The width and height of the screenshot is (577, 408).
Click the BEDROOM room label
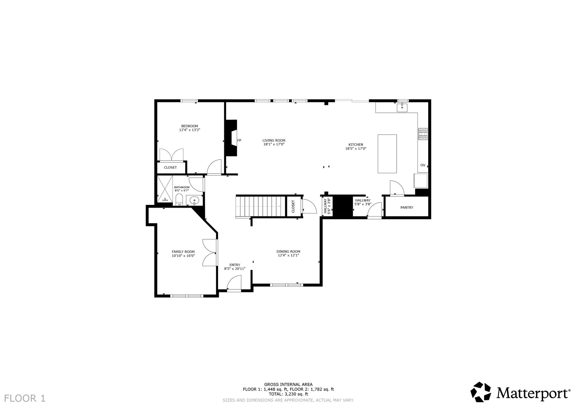coord(190,126)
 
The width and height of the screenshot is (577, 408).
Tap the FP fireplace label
coord(239,141)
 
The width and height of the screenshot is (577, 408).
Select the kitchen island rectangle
coord(387,154)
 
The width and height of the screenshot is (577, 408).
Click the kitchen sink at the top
coord(402,108)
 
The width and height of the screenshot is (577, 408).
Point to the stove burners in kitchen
coord(423,134)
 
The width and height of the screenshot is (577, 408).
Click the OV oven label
coord(423,165)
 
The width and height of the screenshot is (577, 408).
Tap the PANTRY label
coord(407,208)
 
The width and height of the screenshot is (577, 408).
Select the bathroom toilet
coord(179,200)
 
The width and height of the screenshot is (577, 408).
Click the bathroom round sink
coord(194,200)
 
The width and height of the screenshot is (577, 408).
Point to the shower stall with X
coord(165,189)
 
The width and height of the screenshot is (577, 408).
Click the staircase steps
coord(261,206)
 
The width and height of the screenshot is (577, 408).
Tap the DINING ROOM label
coord(288,251)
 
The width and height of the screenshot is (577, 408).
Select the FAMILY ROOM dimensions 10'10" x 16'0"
coord(183,256)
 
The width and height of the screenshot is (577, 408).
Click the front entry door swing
coord(234,282)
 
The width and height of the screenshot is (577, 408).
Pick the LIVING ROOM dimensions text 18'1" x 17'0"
coord(274,144)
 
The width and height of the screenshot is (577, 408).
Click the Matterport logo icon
coord(481,392)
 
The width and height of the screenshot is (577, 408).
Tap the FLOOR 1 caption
coord(25,398)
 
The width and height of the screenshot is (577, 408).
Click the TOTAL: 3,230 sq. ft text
coord(288,394)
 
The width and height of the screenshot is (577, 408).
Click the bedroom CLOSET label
coord(170,168)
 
